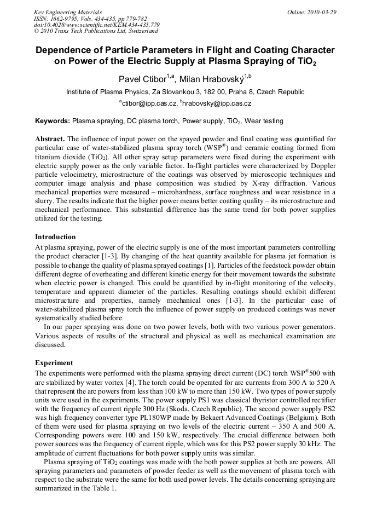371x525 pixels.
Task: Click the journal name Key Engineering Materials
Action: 67,11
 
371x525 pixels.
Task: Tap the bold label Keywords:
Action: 53,120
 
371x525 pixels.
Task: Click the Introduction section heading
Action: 55,237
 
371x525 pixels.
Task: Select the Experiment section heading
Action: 54,363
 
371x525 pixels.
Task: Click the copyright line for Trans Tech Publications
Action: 88,31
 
